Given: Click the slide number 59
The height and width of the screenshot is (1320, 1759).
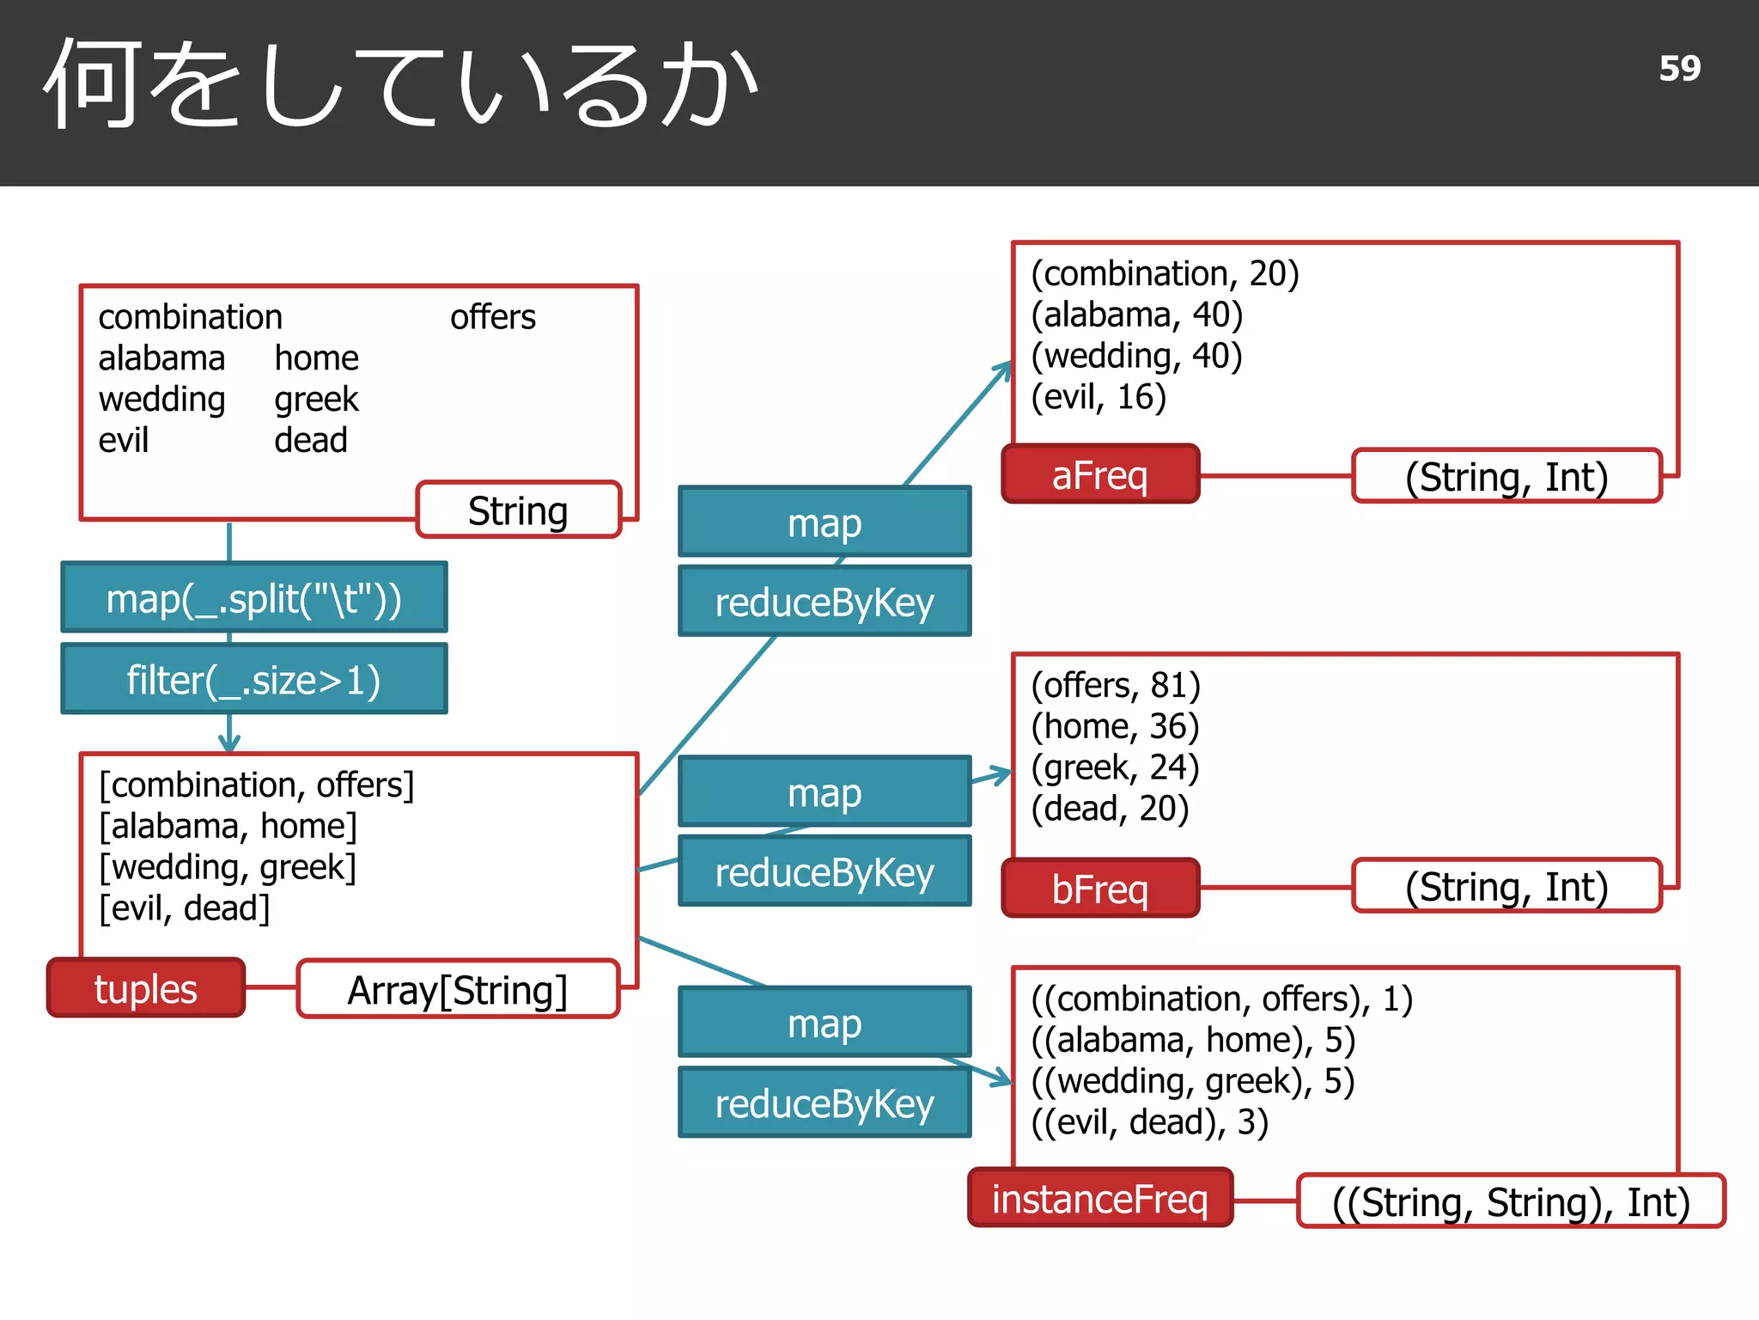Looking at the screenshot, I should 1679,69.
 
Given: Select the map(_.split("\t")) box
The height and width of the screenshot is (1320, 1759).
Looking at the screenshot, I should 254,598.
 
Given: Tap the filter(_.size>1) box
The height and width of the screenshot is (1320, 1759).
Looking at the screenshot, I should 254,680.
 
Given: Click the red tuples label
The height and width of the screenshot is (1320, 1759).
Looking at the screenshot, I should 146,988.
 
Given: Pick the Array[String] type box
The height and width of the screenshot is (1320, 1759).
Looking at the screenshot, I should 458,990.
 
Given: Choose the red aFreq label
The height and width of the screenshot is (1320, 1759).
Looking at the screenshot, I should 1100,474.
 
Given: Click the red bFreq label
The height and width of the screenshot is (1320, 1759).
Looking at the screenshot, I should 1100,889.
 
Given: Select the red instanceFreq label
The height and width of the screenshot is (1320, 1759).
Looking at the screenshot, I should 1100,1198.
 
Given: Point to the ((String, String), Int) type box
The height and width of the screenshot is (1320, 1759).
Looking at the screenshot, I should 1511,1201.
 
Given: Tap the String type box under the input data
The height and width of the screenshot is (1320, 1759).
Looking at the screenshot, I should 518,510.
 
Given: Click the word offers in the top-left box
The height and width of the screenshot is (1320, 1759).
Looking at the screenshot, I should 493,317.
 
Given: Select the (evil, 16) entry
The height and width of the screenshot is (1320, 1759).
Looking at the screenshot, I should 1099,397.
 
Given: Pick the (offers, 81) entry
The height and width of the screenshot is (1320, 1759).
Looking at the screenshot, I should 1116,685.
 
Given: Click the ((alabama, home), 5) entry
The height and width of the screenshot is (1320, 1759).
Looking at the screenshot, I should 1193,1040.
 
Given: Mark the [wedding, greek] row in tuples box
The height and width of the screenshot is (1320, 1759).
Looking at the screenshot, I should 228,866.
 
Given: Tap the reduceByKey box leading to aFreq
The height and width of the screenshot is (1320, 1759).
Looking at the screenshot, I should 825,602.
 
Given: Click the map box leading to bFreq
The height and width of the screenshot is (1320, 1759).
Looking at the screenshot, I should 825,792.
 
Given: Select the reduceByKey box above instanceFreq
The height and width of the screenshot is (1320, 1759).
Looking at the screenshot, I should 825,1103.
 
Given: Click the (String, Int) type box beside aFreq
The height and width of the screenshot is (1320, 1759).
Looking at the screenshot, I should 1506,476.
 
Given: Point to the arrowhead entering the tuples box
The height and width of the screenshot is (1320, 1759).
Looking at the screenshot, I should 229,744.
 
